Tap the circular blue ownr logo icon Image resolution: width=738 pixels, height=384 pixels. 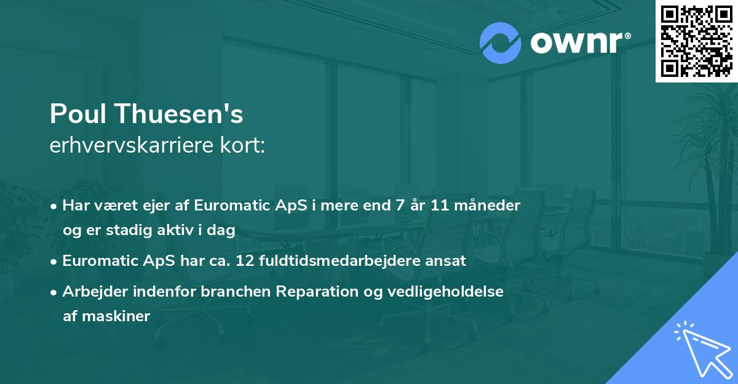point(501,42)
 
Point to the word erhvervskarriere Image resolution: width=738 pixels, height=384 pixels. point(133,145)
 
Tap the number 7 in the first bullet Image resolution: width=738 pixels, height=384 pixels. point(400,206)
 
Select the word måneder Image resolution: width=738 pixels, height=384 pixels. point(492,206)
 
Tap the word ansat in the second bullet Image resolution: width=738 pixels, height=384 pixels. point(447,261)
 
